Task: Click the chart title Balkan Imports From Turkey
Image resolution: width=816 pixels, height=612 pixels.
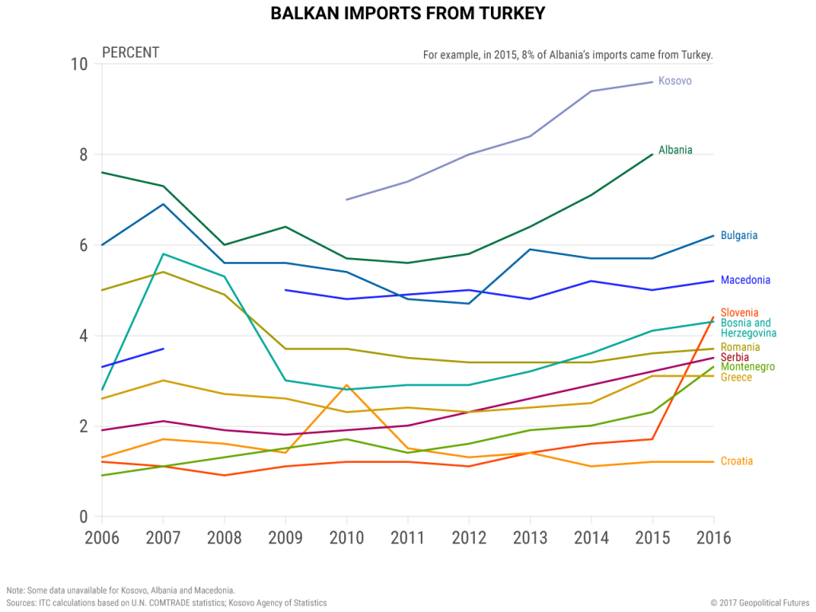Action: click(x=407, y=14)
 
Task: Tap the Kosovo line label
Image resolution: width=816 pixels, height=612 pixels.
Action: click(x=674, y=80)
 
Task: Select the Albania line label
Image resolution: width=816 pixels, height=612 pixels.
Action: click(x=675, y=150)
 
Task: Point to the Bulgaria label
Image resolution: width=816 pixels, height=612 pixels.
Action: click(x=739, y=235)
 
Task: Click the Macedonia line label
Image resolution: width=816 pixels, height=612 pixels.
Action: click(x=745, y=280)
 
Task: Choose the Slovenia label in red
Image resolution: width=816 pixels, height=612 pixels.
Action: click(x=739, y=312)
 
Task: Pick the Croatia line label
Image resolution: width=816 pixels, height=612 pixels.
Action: click(x=736, y=461)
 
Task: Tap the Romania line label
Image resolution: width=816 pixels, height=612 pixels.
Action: click(x=740, y=347)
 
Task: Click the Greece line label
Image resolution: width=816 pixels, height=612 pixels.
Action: click(x=736, y=377)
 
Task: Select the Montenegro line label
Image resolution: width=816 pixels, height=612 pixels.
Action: click(x=747, y=367)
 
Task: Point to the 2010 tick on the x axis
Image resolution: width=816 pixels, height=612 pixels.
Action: click(x=347, y=537)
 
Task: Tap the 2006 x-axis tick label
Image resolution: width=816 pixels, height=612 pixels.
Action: click(x=102, y=537)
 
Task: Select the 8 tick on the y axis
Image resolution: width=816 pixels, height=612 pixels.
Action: click(x=82, y=155)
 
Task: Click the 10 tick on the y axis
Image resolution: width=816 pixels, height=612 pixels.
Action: click(x=78, y=64)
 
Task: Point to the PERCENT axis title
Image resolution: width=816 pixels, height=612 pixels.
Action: click(x=131, y=53)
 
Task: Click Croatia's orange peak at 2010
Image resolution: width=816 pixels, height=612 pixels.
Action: click(x=347, y=385)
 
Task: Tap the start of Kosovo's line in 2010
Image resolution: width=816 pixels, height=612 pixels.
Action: click(x=347, y=199)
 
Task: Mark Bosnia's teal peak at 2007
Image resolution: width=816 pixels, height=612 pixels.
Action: click(x=163, y=253)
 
